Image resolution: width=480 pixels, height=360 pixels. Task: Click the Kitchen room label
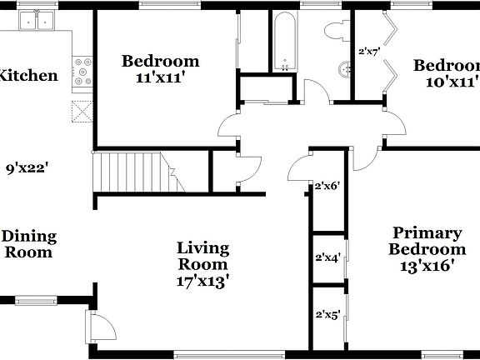pyautogui.click(x=27, y=76)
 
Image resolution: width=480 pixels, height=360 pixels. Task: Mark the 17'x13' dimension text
pyautogui.click(x=203, y=281)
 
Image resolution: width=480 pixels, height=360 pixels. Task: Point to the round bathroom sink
pyautogui.click(x=344, y=70)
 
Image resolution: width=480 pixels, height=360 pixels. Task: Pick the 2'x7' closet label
pyautogui.click(x=367, y=52)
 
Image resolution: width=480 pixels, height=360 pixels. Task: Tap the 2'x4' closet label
pyautogui.click(x=326, y=257)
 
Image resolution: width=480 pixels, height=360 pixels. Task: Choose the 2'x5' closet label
pyautogui.click(x=326, y=315)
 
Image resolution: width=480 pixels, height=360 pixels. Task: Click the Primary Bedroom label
pyautogui.click(x=427, y=241)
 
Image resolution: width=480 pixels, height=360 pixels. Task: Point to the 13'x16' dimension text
pyautogui.click(x=427, y=267)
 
